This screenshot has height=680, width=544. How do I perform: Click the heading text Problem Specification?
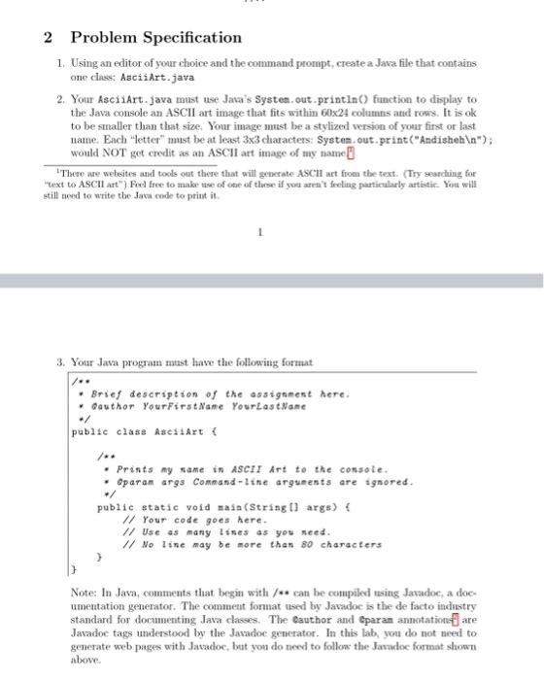155,38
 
